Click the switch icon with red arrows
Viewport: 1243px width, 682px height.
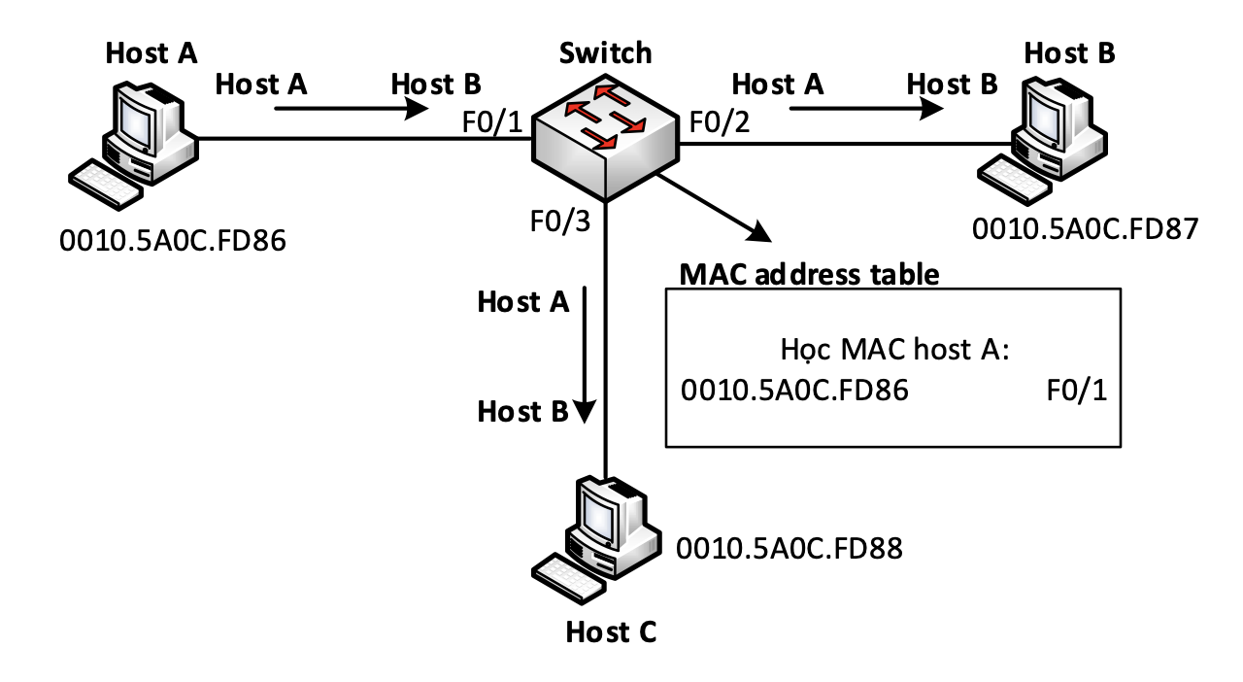click(605, 137)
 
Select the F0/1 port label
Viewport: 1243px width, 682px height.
click(492, 122)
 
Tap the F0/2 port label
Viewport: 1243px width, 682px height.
click(720, 122)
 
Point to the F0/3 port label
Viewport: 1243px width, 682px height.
click(560, 222)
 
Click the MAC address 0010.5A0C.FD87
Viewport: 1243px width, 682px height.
click(1085, 229)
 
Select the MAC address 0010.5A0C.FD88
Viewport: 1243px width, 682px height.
click(789, 548)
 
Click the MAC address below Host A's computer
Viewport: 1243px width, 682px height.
click(173, 241)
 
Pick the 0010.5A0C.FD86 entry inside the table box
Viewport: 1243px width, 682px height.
click(794, 390)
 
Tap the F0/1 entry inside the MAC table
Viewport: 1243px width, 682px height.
click(1077, 390)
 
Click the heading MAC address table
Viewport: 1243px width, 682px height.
click(809, 274)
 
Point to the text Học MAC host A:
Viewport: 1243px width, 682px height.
click(894, 350)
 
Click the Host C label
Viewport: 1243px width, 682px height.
click(611, 632)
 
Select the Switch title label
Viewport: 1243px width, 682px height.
click(605, 53)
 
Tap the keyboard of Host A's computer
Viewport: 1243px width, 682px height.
click(106, 185)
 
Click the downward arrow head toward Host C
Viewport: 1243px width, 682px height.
click(585, 412)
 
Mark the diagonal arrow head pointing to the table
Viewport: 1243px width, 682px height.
click(759, 232)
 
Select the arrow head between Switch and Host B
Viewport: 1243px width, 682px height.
click(931, 108)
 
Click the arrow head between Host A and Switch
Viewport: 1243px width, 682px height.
click(417, 108)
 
